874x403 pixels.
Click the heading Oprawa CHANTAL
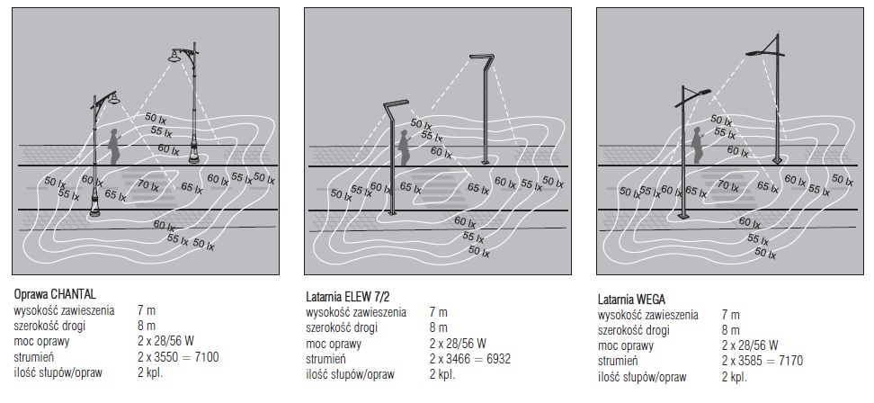(x=55, y=294)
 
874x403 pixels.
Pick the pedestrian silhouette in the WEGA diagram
(x=697, y=145)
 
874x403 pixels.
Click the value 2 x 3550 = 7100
(x=178, y=357)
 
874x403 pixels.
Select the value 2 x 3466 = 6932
(x=470, y=358)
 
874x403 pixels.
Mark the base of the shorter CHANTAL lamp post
(x=94, y=212)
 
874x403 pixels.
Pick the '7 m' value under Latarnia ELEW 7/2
(x=438, y=312)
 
